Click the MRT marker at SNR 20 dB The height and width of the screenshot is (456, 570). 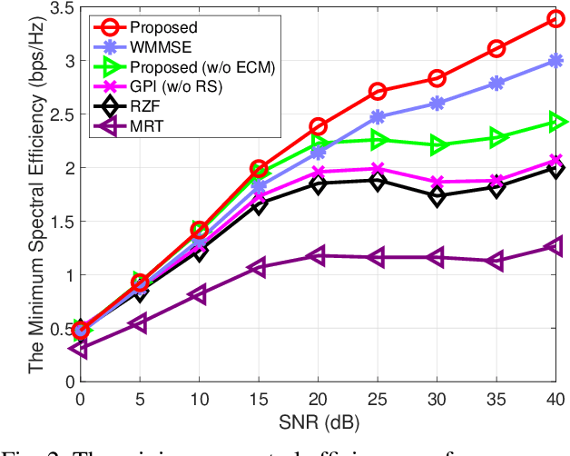tap(317, 256)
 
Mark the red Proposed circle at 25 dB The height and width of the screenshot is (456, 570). tap(377, 91)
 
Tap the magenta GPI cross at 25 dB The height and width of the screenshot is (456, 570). tap(377, 168)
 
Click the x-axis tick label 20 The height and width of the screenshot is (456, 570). tap(317, 400)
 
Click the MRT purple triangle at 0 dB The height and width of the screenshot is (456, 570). tap(80, 348)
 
